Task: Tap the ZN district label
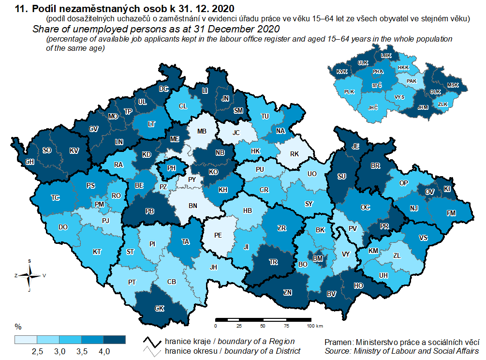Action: click(x=288, y=292)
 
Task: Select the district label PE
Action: click(x=218, y=236)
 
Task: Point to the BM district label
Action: click(x=318, y=259)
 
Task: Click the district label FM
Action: click(x=451, y=213)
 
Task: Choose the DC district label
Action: click(x=163, y=89)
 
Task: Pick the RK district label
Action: click(x=295, y=154)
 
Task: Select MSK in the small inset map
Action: click(x=453, y=85)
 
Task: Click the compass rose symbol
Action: click(x=30, y=275)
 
